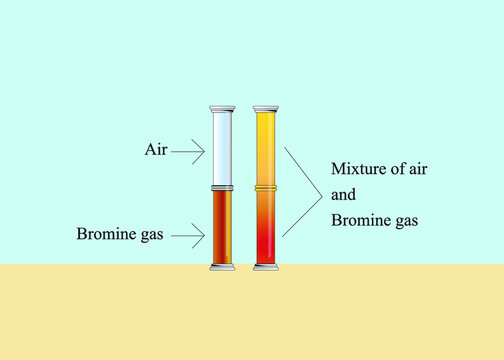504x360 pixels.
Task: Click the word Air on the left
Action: click(x=155, y=151)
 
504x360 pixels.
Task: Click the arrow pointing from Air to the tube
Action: click(x=188, y=151)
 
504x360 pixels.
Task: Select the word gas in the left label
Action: click(x=151, y=236)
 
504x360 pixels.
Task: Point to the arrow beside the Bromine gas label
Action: click(x=187, y=236)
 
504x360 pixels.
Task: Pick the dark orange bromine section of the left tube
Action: click(x=221, y=227)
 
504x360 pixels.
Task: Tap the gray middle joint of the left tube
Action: click(x=221, y=187)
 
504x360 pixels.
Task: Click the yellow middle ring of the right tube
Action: click(x=266, y=187)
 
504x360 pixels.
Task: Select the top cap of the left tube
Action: click(x=221, y=108)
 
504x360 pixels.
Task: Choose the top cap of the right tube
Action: click(x=266, y=108)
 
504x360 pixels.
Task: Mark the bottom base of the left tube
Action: click(x=221, y=267)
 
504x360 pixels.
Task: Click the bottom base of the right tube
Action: click(x=266, y=267)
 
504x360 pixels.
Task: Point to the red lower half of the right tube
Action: click(x=266, y=235)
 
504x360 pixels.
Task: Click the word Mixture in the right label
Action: click(x=358, y=168)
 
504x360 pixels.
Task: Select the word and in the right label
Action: click(x=342, y=194)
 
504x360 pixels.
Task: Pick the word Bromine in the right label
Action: click(x=358, y=220)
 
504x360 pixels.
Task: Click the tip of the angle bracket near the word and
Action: click(x=321, y=193)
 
